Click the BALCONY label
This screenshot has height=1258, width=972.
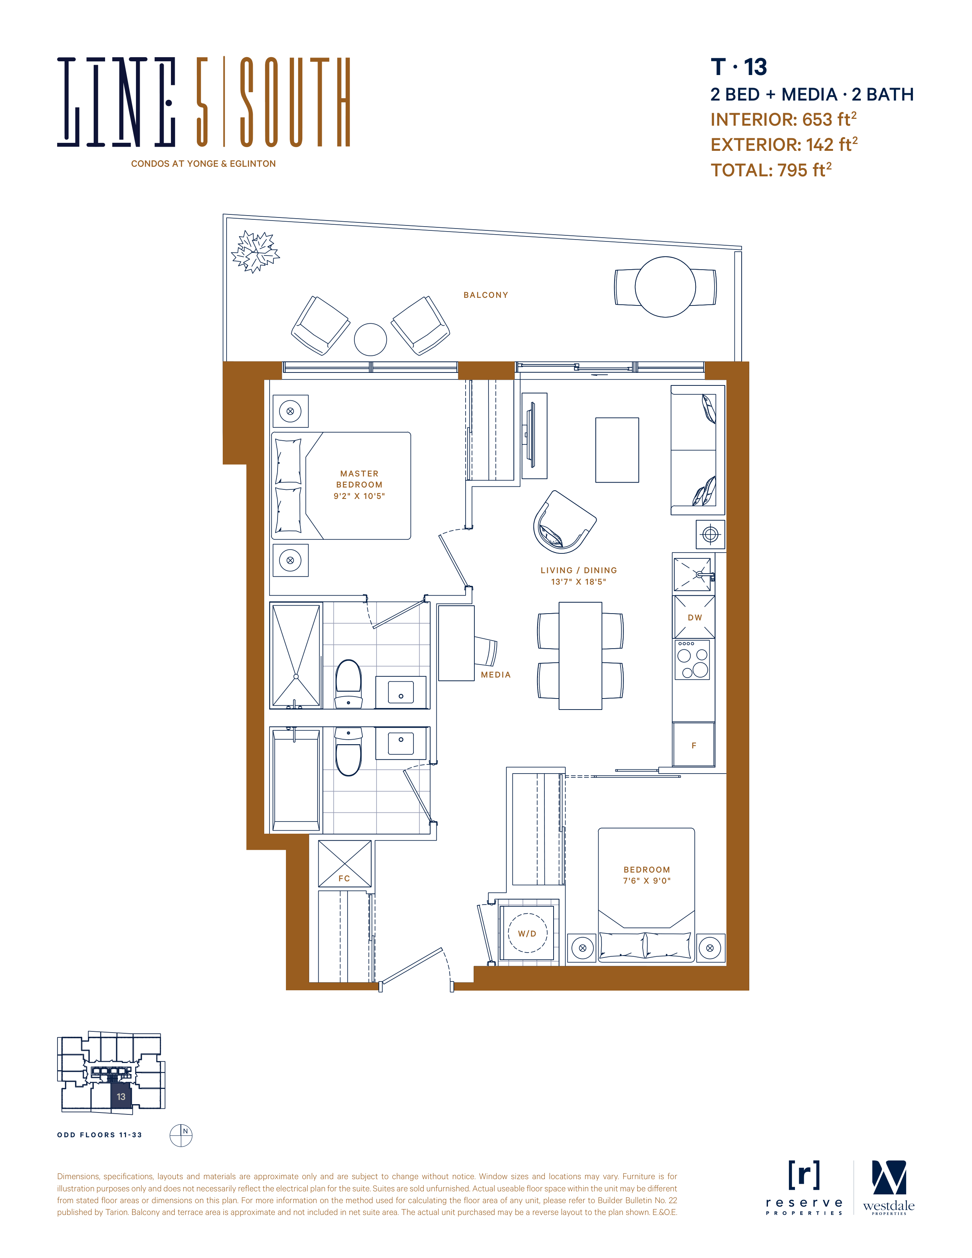(485, 295)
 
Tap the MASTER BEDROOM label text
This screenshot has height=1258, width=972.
(359, 479)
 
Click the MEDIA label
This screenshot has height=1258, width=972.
(496, 675)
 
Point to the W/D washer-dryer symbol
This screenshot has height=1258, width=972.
(527, 933)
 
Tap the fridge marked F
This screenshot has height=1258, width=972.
(694, 745)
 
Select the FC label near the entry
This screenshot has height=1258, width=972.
(344, 878)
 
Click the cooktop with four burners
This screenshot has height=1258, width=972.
(693, 660)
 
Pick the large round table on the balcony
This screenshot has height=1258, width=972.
(665, 287)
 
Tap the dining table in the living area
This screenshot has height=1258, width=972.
(581, 655)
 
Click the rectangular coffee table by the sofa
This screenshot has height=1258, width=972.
(617, 450)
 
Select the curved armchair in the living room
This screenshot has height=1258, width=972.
(563, 522)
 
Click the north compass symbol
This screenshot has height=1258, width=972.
(181, 1135)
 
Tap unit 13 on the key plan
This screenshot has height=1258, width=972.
(121, 1097)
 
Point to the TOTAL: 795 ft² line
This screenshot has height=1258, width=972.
(771, 169)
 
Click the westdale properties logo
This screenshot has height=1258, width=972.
(889, 1188)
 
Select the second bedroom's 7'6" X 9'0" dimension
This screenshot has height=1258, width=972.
(646, 881)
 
